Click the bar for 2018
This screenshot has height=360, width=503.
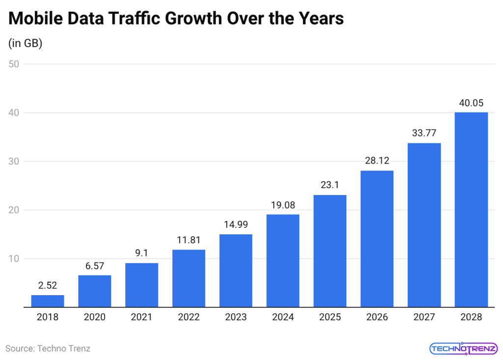pyautogui.click(x=48, y=301)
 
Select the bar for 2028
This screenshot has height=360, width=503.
pyautogui.click(x=471, y=210)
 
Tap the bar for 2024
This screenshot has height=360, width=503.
pyautogui.click(x=283, y=261)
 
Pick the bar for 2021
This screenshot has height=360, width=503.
pyautogui.click(x=142, y=285)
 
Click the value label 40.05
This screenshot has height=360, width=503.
pyautogui.click(x=471, y=103)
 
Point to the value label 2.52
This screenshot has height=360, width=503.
pyautogui.click(x=48, y=286)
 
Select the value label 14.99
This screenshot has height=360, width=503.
pyautogui.click(x=236, y=225)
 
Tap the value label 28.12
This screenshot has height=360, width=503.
pyautogui.click(x=377, y=161)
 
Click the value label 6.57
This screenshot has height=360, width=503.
pyautogui.click(x=95, y=266)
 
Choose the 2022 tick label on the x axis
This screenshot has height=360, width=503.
pyautogui.click(x=189, y=317)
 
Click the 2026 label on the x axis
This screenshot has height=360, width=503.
pyautogui.click(x=377, y=317)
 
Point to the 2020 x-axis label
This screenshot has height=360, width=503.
pyautogui.click(x=95, y=317)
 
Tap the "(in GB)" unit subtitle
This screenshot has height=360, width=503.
pyautogui.click(x=26, y=43)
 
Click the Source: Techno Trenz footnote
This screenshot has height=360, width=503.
pyautogui.click(x=48, y=348)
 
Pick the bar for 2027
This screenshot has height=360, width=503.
pyautogui.click(x=424, y=225)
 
